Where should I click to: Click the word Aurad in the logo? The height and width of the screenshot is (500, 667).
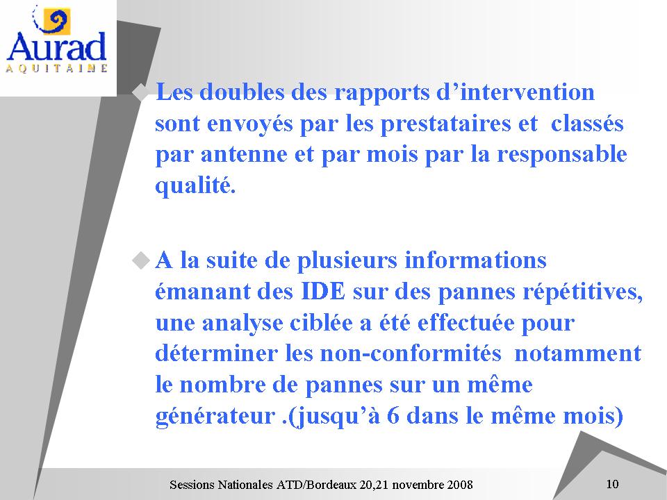[56, 46]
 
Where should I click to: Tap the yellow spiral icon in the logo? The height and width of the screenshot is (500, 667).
[56, 22]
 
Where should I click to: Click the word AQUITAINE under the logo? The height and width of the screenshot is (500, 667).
[56, 69]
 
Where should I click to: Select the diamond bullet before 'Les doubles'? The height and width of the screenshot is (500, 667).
[140, 92]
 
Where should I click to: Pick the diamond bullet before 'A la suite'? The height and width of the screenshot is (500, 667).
[141, 260]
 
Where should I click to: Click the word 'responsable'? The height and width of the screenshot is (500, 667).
[562, 155]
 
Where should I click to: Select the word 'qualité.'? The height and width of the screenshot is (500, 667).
[195, 186]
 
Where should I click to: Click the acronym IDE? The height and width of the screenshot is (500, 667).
[323, 292]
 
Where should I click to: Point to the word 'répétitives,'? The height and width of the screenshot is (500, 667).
[583, 293]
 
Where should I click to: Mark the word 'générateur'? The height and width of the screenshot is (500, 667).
[215, 417]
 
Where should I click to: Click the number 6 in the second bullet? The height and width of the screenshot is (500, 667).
[393, 415]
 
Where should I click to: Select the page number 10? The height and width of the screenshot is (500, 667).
[612, 484]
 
